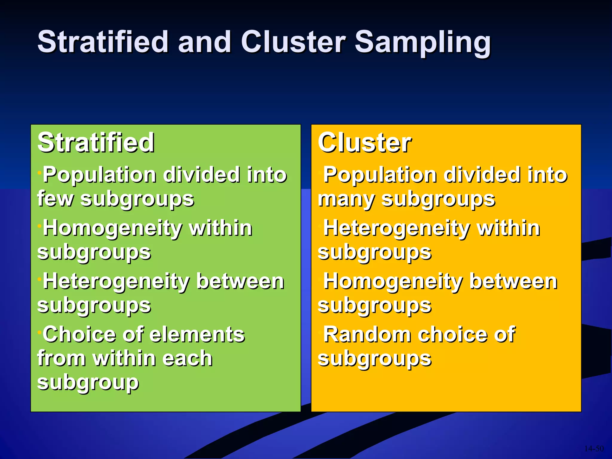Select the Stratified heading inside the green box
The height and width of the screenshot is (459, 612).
96,143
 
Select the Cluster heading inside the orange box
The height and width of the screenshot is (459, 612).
365,143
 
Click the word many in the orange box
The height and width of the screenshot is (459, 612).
345,199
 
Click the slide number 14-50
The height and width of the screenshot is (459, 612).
594,449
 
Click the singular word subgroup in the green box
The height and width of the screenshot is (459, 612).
88,382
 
